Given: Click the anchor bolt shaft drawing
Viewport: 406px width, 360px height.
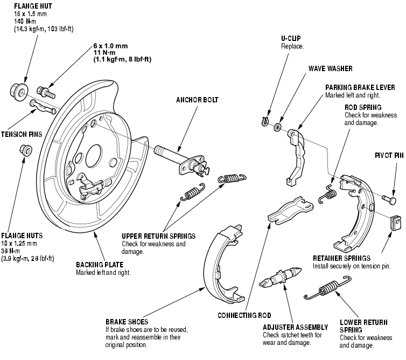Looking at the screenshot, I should coord(171,152).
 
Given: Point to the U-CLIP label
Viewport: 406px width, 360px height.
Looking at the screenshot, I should coord(291,39).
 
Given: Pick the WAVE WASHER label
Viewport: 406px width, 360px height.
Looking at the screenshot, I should coord(330,69).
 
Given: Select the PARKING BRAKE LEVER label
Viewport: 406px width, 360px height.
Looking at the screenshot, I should coord(360,87).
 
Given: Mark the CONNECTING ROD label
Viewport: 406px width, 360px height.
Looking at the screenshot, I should coord(243,315).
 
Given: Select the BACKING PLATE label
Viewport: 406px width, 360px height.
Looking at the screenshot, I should coord(100,265).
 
